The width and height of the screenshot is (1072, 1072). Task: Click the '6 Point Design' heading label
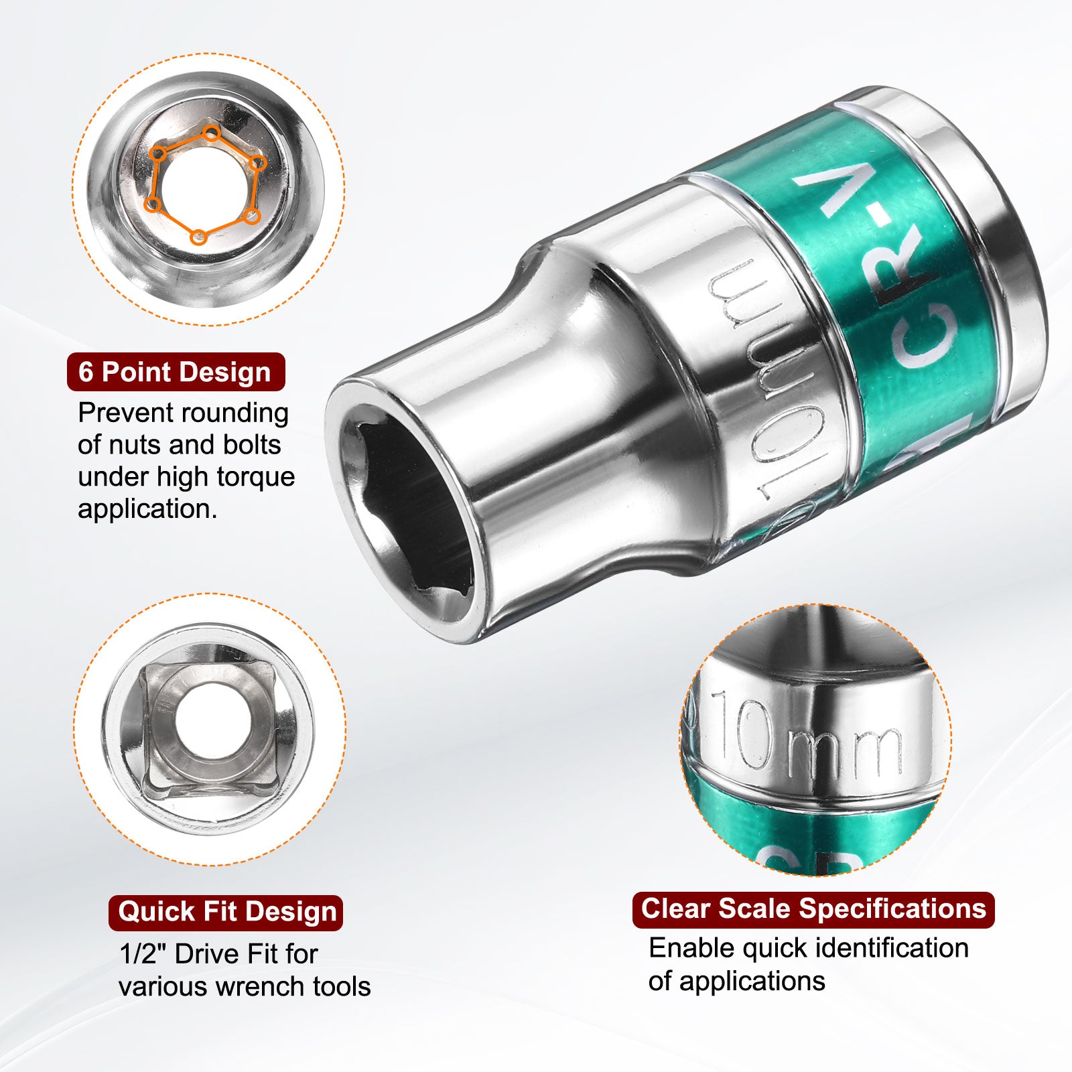coord(176,372)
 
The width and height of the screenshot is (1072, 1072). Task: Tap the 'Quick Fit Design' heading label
coord(226,912)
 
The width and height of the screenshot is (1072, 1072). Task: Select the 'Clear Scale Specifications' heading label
coord(813,909)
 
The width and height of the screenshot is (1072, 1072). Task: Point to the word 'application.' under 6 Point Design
coord(147,510)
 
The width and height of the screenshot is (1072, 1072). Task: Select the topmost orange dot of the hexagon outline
coord(212,132)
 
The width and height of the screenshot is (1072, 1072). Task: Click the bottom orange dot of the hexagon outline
coord(198,237)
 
